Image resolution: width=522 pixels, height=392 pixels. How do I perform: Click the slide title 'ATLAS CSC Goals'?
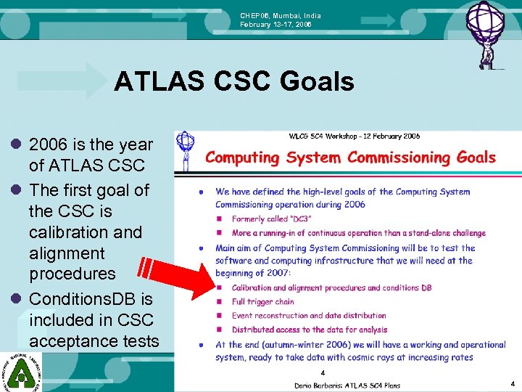point(233,82)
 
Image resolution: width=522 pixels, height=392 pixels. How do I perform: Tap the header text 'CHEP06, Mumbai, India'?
point(281,16)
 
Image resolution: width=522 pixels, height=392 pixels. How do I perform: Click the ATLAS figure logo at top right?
point(486,33)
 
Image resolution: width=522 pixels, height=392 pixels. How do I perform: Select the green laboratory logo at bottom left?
point(20,371)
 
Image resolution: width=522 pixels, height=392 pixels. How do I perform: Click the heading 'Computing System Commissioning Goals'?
point(350,158)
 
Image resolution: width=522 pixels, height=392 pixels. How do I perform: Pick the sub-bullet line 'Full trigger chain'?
point(262,301)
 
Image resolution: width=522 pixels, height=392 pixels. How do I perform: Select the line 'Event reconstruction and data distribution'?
point(309,316)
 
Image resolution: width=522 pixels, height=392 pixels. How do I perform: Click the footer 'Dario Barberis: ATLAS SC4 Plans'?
point(343,385)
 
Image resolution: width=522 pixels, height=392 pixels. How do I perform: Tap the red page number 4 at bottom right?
point(513,383)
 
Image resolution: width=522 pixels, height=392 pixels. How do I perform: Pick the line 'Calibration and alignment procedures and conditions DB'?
point(331,287)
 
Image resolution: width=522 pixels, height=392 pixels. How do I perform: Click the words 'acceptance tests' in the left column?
point(94,340)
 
